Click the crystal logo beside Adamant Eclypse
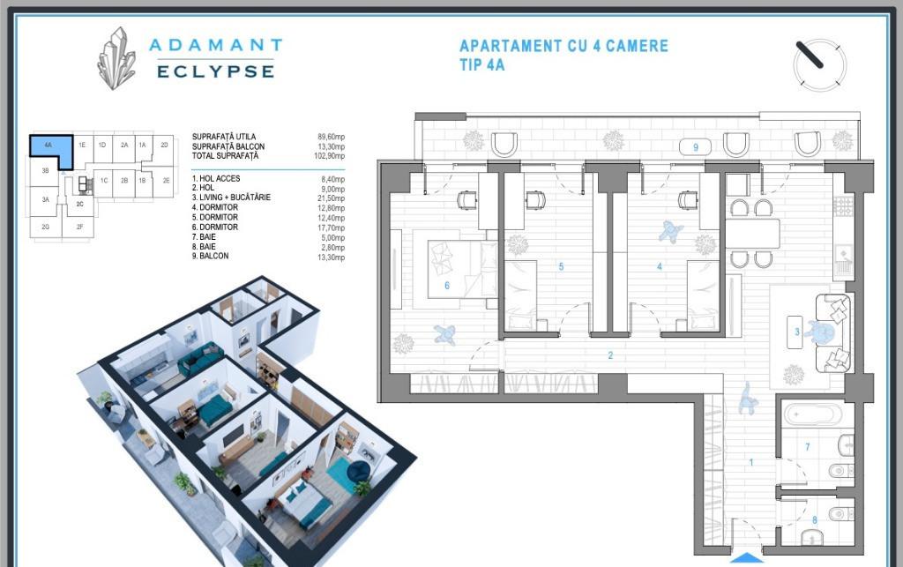click(x=118, y=58)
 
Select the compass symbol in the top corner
click(x=819, y=63)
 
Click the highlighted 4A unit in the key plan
click(x=52, y=151)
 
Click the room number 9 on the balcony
click(x=696, y=147)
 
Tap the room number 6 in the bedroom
click(x=447, y=286)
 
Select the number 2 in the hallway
click(x=610, y=355)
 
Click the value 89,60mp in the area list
click(x=332, y=137)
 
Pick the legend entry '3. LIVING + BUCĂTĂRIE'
click(x=231, y=198)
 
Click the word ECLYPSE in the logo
click(x=216, y=71)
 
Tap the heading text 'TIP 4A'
click(x=482, y=64)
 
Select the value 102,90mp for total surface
click(x=330, y=156)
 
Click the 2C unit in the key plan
click(x=80, y=204)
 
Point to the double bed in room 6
click(x=462, y=270)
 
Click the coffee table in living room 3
click(x=795, y=332)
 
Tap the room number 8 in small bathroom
click(x=814, y=520)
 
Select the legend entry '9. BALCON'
click(x=210, y=256)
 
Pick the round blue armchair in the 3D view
click(x=360, y=470)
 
